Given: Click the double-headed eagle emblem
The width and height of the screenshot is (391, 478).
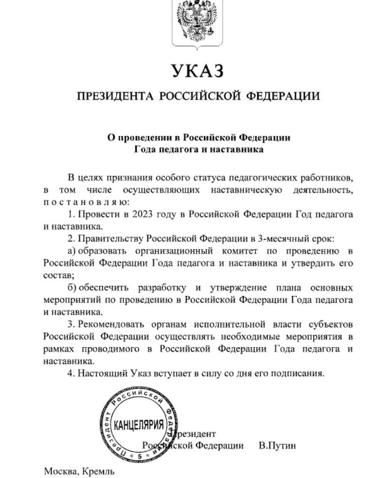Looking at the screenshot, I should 196,20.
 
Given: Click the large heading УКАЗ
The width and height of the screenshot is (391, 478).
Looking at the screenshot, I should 195,71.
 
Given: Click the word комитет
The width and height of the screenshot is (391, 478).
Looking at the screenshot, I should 242,251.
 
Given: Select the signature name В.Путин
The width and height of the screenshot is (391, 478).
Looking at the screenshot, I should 277,445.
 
